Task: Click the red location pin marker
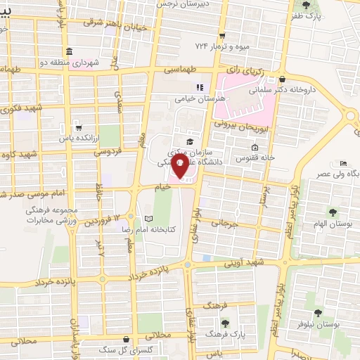click(x=180, y=169)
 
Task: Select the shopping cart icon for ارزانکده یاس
click(x=79, y=128)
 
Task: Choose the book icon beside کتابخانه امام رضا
click(x=148, y=218)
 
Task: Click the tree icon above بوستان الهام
click(x=333, y=212)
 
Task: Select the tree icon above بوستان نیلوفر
click(x=318, y=313)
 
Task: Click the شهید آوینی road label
click(x=242, y=263)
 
